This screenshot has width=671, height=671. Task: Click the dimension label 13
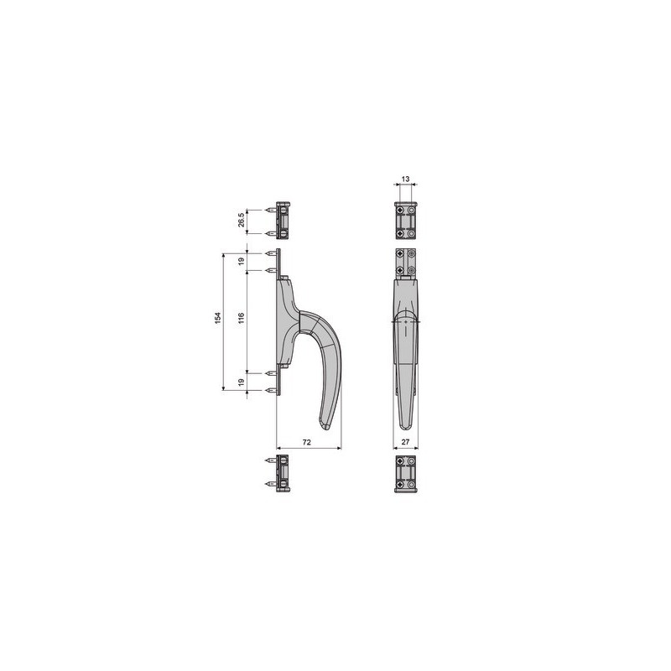406,179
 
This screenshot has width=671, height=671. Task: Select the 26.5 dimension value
241,220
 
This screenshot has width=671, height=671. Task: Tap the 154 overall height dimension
218,318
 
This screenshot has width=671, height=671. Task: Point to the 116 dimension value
241,318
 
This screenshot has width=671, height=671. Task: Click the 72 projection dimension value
307,442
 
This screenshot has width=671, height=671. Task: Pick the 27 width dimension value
405,442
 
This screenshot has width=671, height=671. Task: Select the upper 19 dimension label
242,261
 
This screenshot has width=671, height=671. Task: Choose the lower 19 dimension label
242,382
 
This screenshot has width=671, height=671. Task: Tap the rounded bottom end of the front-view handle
405,427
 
